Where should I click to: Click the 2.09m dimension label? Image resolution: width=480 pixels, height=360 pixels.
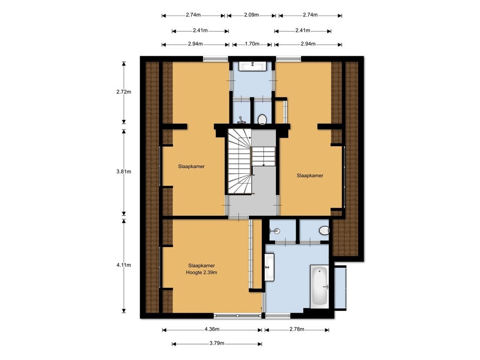251,15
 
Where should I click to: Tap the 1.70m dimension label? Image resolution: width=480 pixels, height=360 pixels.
252,44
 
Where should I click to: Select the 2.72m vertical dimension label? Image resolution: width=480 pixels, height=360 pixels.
124,91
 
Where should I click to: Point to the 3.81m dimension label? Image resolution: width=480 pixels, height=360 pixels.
124,172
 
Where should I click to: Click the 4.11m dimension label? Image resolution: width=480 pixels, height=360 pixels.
124,265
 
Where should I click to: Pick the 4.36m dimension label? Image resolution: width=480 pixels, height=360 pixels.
212,329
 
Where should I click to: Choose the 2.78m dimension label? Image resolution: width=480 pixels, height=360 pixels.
297,329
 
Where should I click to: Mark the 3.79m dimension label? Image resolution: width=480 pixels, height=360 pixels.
217,343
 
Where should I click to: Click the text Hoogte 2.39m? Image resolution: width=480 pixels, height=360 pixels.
202,272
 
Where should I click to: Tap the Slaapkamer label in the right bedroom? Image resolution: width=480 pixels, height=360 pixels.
310,175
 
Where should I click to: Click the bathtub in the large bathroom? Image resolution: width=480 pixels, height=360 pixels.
320,286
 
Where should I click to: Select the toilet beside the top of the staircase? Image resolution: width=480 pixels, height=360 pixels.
262,120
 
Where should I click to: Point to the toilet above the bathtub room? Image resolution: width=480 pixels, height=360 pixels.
324,230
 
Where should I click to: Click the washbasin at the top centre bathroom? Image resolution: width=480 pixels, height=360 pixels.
253,66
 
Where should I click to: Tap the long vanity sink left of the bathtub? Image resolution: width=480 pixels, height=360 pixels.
270,267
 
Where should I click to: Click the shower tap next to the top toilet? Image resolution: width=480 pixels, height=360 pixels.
241,120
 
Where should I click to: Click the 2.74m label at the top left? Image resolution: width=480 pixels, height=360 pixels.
193,15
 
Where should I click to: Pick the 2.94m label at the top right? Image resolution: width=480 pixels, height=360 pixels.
308,44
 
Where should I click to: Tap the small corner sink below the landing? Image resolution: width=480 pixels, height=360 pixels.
275,231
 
